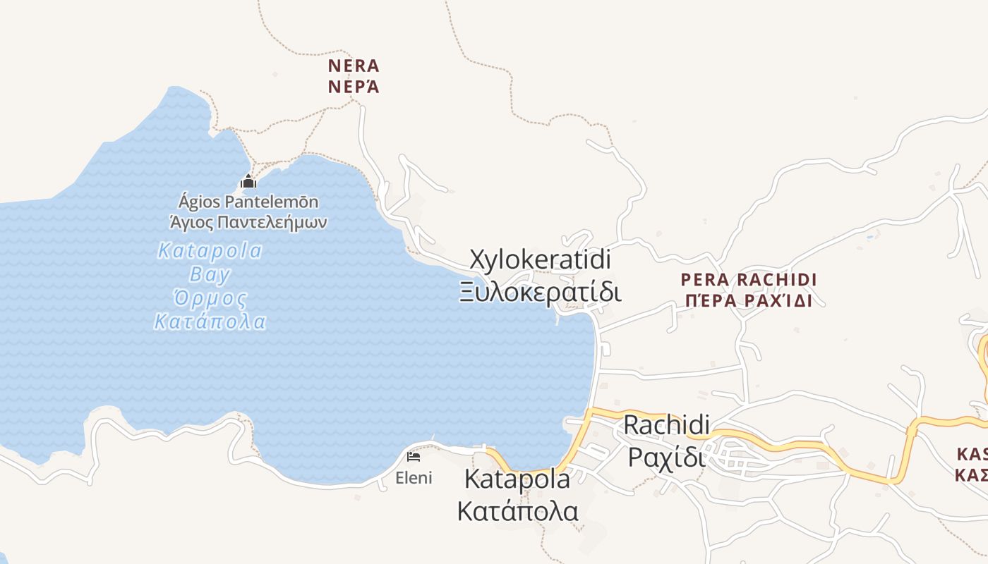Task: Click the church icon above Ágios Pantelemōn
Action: [248, 182]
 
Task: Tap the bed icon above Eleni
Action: [414, 457]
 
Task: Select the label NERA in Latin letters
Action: [354, 66]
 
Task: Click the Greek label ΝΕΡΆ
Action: [354, 87]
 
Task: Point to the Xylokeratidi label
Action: [541, 259]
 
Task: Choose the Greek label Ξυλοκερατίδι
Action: [541, 291]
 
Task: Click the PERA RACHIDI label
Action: [749, 280]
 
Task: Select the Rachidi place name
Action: [667, 425]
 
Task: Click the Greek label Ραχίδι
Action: [667, 457]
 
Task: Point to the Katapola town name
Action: [517, 479]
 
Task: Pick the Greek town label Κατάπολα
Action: [517, 511]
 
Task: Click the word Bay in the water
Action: [210, 274]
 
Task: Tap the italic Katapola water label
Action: [210, 251]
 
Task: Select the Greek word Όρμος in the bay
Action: [210, 299]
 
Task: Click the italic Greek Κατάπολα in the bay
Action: [210, 323]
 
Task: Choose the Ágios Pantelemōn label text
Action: [248, 202]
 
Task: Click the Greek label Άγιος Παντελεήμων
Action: [248, 223]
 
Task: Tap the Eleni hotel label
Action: [414, 478]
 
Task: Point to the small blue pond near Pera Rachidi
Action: [870, 236]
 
